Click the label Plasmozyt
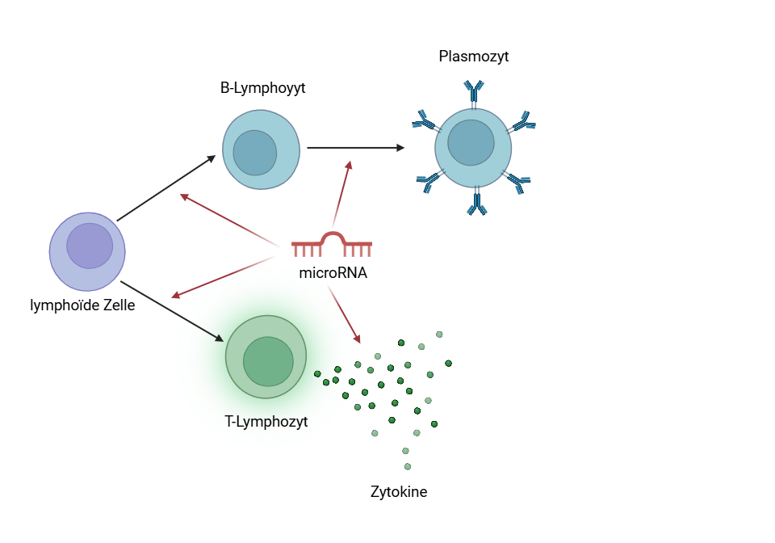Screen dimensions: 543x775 coord(474,57)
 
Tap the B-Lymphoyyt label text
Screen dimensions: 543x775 coord(262,88)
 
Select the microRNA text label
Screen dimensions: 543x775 coord(333,273)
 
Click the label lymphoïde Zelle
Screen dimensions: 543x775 coord(82,305)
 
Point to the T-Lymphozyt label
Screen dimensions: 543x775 coord(266,421)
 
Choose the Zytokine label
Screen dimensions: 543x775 coord(399,491)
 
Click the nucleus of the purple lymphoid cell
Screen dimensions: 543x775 coord(90,246)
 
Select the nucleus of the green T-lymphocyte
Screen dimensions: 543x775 coord(268,361)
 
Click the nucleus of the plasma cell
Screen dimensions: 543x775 coord(471,142)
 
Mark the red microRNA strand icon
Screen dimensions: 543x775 coord(332,242)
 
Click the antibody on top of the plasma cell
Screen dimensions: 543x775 coord(474,90)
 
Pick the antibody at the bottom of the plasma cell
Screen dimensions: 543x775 coord(477,202)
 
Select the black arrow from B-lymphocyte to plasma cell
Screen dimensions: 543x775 coord(355,148)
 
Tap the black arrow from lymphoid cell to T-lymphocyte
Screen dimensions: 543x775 coord(172,311)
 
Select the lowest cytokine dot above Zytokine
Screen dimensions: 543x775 coord(408,466)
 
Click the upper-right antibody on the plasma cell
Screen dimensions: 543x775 coord(524,122)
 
